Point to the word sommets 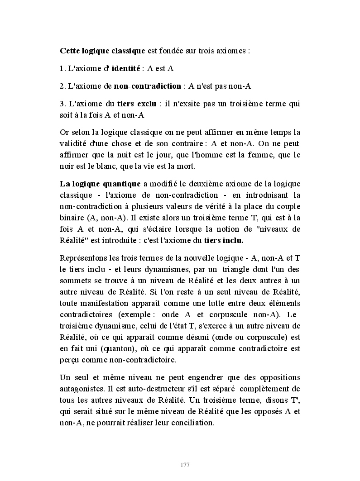[x=74, y=280]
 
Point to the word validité [x=73, y=144]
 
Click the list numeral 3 [x=62, y=104]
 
